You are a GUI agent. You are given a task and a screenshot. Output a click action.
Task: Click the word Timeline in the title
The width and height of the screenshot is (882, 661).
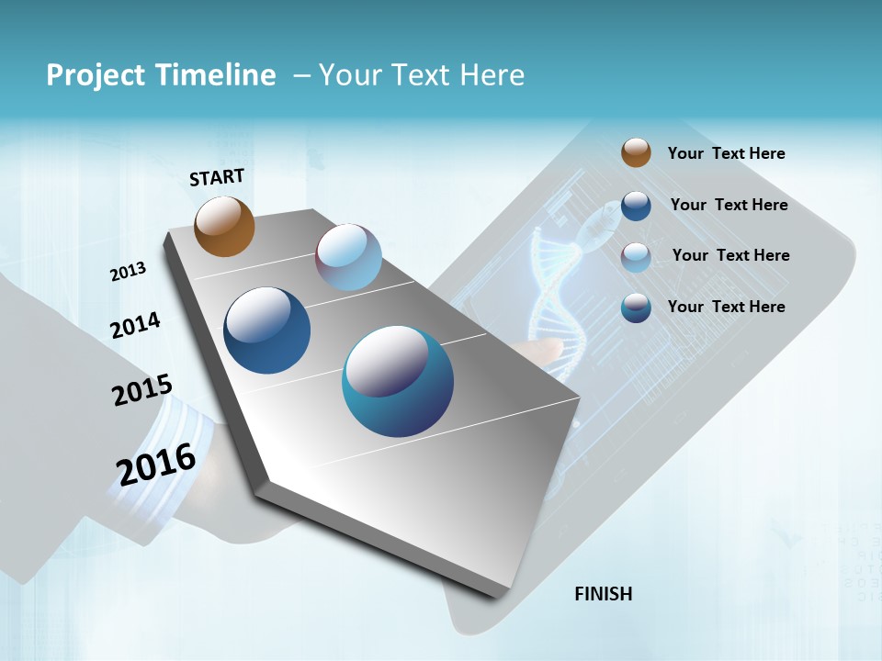pyautogui.click(x=216, y=75)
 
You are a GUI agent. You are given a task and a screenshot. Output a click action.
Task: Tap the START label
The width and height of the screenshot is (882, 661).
pyautogui.click(x=217, y=177)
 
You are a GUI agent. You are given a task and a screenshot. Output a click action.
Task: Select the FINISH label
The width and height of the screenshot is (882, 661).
pyautogui.click(x=604, y=594)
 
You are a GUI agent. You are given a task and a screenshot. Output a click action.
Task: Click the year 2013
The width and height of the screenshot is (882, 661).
pyautogui.click(x=128, y=272)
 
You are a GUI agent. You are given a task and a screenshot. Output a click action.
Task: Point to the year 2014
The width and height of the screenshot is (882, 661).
pyautogui.click(x=135, y=325)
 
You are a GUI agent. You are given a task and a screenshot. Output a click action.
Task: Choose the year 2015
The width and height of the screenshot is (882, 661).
pyautogui.click(x=142, y=390)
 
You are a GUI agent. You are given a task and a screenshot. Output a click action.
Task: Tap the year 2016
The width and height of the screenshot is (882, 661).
pyautogui.click(x=156, y=464)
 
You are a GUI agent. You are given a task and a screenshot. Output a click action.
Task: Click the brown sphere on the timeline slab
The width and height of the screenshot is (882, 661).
pyautogui.click(x=224, y=226)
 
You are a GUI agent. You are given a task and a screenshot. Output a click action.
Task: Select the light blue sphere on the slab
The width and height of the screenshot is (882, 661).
pyautogui.click(x=348, y=257)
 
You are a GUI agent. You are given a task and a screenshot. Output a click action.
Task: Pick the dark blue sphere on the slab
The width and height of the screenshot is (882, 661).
pyautogui.click(x=266, y=330)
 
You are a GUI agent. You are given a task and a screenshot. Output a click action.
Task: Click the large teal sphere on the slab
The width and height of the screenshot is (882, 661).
pyautogui.click(x=397, y=381)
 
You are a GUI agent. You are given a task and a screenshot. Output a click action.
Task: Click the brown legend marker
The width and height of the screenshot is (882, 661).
pyautogui.click(x=636, y=152)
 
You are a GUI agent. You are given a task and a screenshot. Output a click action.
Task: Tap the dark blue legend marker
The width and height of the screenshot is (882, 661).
pyautogui.click(x=636, y=206)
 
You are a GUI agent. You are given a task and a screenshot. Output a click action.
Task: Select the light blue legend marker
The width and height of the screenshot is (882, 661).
pyautogui.click(x=636, y=256)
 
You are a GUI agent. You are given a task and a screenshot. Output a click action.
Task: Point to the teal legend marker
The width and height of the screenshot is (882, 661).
pyautogui.click(x=636, y=308)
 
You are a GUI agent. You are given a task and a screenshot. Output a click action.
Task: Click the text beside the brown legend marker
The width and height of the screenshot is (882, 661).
pyautogui.click(x=726, y=153)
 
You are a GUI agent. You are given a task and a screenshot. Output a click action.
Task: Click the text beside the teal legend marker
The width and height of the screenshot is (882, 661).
pyautogui.click(x=726, y=307)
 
